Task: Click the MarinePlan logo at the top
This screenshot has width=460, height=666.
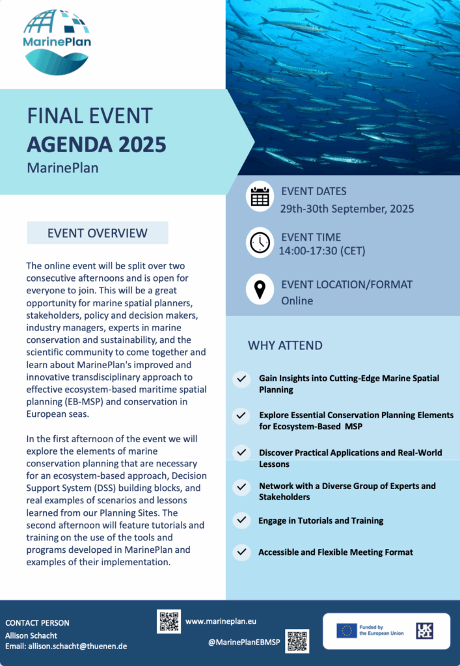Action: [57, 40]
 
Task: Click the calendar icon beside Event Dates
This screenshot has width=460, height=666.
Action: [260, 196]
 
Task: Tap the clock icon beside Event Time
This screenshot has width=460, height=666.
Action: [260, 242]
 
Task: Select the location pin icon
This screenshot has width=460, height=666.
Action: [260, 289]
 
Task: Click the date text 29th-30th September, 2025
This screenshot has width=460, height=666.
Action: [347, 209]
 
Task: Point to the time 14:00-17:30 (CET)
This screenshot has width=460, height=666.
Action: [322, 250]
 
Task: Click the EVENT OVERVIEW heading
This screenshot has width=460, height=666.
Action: [98, 233]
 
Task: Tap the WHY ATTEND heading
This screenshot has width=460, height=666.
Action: [285, 345]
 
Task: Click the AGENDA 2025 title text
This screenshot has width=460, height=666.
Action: [96, 143]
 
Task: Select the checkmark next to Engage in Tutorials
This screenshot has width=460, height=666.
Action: [242, 520]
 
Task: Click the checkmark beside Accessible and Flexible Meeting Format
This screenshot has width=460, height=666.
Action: [242, 552]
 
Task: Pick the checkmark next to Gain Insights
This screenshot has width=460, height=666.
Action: [242, 379]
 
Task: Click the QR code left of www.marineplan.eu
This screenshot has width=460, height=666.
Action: [169, 621]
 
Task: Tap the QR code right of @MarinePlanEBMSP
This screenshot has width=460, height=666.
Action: [297, 641]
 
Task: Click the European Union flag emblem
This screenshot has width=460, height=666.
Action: [346, 630]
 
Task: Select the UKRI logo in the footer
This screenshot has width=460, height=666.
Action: [425, 630]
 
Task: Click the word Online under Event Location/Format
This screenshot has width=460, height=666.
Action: [297, 301]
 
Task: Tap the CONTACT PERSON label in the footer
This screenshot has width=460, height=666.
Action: [37, 622]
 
